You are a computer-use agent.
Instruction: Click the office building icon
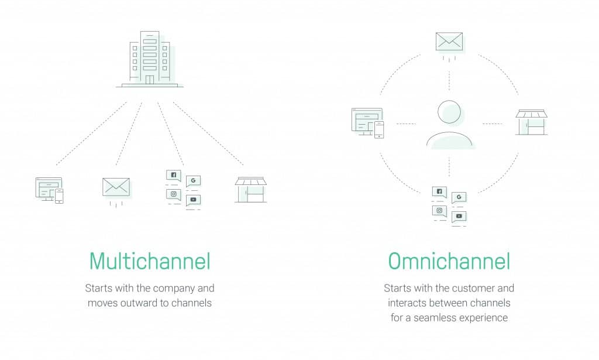[x=150, y=59]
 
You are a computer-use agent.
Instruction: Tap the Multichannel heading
[x=150, y=262]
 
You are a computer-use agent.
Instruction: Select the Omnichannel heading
[x=449, y=262]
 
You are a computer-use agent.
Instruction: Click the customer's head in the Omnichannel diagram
[x=449, y=112]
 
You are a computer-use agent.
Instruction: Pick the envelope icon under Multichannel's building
[x=116, y=187]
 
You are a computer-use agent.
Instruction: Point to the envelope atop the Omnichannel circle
[x=449, y=42]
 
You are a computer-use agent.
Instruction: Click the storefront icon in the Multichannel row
[x=250, y=190]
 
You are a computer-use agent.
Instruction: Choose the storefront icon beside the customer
[x=531, y=122]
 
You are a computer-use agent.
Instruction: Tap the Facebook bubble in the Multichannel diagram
[x=173, y=176]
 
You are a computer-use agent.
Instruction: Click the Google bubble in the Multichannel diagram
[x=193, y=181]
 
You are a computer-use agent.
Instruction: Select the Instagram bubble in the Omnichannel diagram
[x=439, y=211]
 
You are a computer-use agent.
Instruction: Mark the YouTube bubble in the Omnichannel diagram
[x=459, y=217]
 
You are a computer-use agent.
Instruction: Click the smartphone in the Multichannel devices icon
[x=59, y=196]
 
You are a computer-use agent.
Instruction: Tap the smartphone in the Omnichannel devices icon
[x=379, y=129]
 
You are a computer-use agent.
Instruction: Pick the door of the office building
[x=150, y=80]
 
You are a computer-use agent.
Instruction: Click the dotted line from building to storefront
[x=208, y=133]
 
